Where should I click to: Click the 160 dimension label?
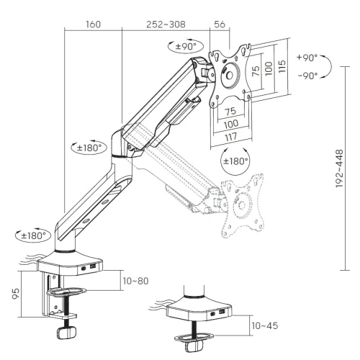pos(94,24)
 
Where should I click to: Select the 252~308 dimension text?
pos(166,24)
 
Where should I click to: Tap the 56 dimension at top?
pos(220,24)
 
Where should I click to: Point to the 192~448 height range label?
pos(340,168)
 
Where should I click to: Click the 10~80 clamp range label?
pos(135,281)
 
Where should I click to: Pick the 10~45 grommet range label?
pos(265,325)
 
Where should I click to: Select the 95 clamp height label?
pos(16,294)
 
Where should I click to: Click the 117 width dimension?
pos(230,137)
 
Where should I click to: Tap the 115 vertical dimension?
pos(282,66)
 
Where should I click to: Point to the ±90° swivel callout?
pos(186,46)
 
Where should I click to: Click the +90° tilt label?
pos(307,58)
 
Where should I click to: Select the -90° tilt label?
pos(307,76)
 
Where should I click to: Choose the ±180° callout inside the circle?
pos(235,161)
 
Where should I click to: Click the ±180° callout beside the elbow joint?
pos(89,148)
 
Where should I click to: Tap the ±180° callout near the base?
pos(33,235)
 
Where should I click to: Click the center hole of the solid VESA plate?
pos(230,76)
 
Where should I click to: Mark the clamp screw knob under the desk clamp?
pos(66,332)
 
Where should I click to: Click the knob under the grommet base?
pos(194,346)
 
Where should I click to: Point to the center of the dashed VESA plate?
pos(242,204)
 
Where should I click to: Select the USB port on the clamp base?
pos(93,266)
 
